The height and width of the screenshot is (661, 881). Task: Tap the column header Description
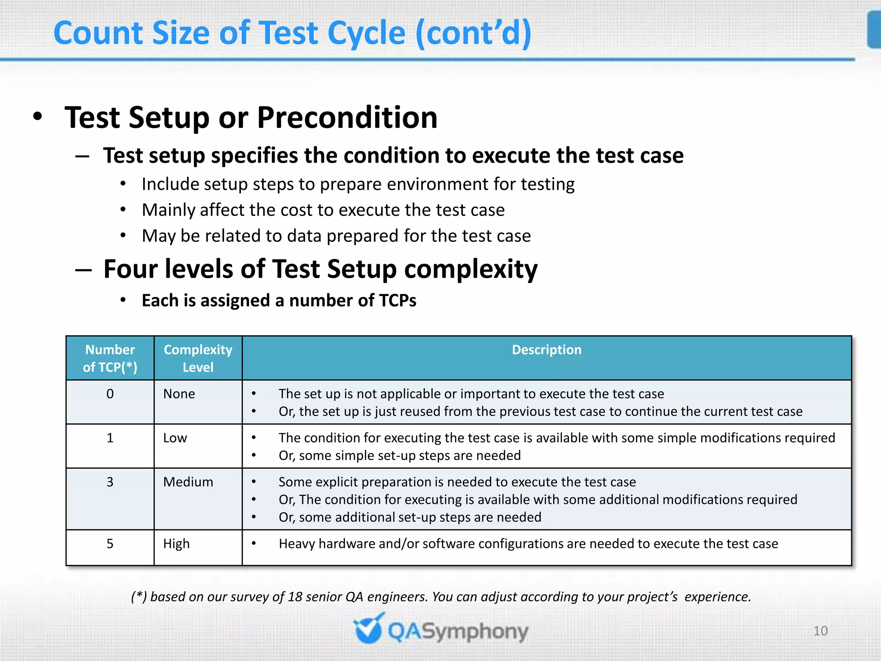click(x=546, y=349)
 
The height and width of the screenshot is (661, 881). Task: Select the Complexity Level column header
click(x=198, y=358)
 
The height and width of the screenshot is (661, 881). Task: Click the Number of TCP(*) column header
click(x=110, y=358)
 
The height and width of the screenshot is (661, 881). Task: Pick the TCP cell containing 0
click(x=110, y=394)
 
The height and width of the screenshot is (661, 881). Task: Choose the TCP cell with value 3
click(x=110, y=482)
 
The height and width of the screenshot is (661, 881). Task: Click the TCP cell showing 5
click(x=110, y=544)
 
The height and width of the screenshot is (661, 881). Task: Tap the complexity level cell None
click(x=179, y=394)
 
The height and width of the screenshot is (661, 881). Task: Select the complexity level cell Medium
click(x=188, y=482)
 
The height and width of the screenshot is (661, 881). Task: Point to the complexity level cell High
click(x=176, y=544)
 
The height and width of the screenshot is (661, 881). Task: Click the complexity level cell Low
click(x=175, y=438)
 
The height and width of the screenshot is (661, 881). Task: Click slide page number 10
click(x=820, y=631)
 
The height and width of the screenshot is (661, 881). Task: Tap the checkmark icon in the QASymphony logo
click(x=368, y=629)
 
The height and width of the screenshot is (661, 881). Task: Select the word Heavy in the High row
click(x=297, y=544)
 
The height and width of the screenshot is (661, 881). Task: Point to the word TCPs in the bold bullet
click(x=397, y=300)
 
